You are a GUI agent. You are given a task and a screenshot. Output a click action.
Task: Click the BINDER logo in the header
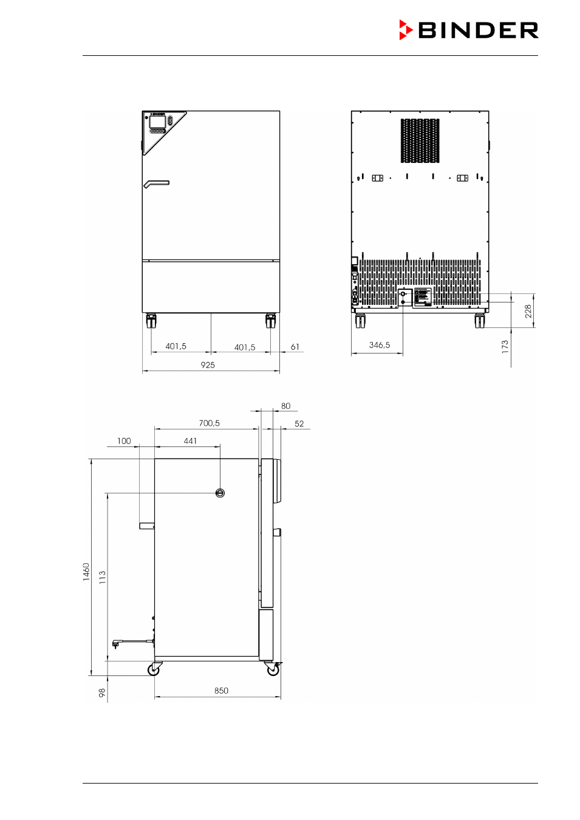tap(468, 30)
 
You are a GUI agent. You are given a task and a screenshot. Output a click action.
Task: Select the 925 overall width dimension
tap(208, 365)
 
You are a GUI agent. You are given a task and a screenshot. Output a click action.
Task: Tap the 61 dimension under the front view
tap(295, 347)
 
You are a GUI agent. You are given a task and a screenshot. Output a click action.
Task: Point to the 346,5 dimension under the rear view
tap(380, 345)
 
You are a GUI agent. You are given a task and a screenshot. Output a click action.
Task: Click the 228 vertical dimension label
tap(528, 311)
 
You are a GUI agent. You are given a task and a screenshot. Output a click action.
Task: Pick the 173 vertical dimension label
tap(505, 347)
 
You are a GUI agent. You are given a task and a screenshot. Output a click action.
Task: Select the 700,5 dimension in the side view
tap(210, 423)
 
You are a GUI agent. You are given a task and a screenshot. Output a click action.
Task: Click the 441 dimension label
tap(190, 441)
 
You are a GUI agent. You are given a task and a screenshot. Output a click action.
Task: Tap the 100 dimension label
tap(124, 441)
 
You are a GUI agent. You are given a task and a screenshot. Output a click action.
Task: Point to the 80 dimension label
tap(286, 406)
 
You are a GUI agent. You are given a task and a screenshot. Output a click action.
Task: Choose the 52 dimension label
tap(299, 424)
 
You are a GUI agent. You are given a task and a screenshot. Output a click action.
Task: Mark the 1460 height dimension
tap(86, 572)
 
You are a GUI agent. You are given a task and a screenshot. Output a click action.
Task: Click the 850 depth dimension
tap(221, 691)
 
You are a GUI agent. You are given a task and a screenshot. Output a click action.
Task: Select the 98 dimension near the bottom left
tap(102, 692)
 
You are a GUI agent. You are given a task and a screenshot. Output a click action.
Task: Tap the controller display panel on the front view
tap(157, 121)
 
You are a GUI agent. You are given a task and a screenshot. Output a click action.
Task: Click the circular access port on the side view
tap(220, 493)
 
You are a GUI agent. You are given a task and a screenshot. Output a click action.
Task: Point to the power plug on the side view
tap(117, 643)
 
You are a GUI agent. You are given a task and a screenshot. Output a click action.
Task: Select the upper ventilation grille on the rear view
tap(420, 140)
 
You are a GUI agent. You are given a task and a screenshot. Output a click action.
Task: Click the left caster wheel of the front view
tap(151, 321)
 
